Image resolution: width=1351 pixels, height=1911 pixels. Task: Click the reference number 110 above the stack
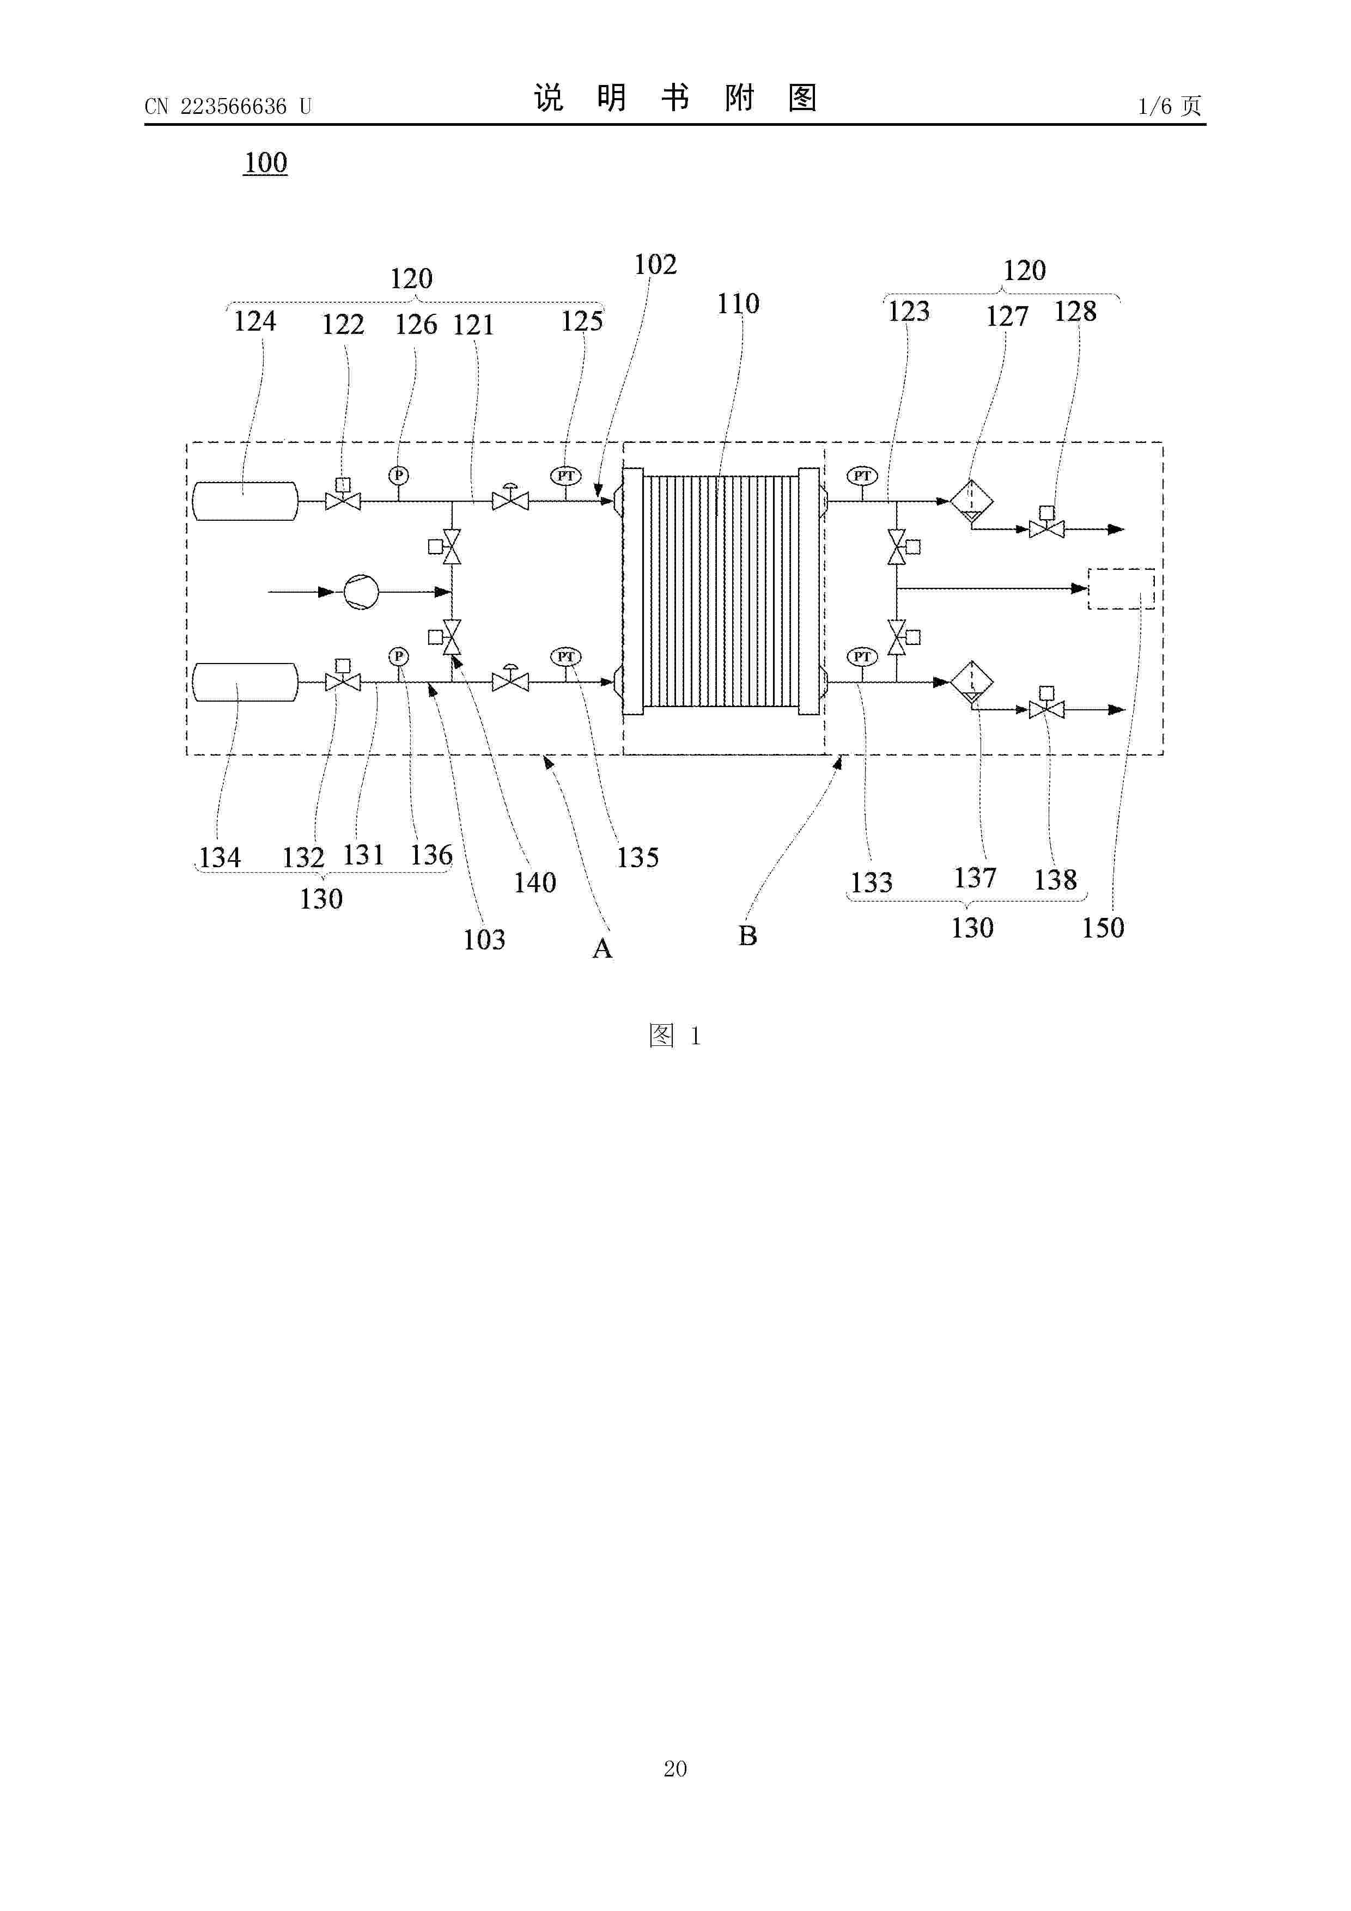[738, 304]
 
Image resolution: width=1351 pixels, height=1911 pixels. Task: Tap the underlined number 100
[265, 162]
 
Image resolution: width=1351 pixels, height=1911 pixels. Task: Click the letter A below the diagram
[602, 948]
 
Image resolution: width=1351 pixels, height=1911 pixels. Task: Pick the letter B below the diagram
[747, 935]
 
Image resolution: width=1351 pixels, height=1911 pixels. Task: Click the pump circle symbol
[361, 592]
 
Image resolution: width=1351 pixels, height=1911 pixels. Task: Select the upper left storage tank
[245, 501]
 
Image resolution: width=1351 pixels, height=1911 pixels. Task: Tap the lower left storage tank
[245, 683]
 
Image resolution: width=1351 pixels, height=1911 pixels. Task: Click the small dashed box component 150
[1121, 588]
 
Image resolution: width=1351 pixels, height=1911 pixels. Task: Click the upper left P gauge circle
[399, 475]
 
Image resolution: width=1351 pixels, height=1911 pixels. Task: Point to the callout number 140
[534, 883]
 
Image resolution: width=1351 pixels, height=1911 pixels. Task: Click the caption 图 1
[675, 1036]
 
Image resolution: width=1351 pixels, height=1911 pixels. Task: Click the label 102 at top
[655, 265]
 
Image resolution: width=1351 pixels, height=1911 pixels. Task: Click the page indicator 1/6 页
[1170, 106]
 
